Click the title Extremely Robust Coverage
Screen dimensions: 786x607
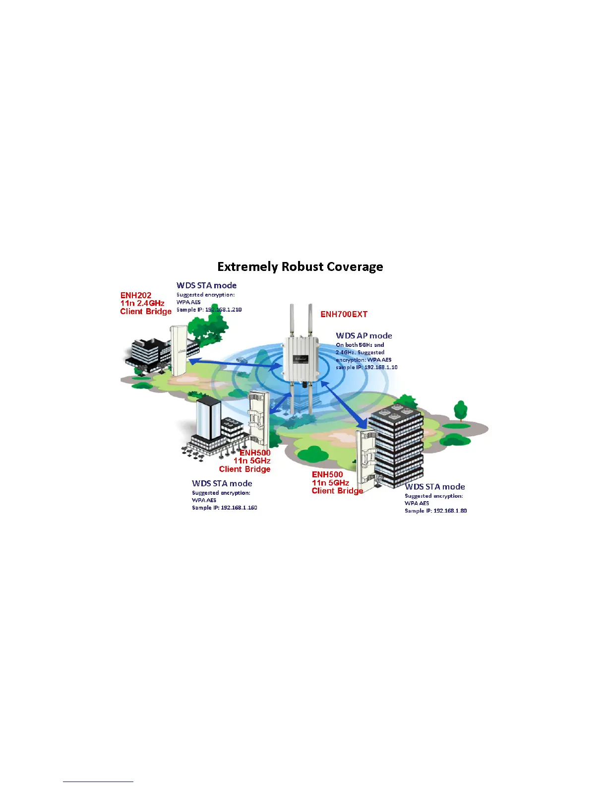coord(300,267)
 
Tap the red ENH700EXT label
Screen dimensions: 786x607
coord(344,314)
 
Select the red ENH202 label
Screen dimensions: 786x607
coord(136,295)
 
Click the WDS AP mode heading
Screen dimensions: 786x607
coord(364,336)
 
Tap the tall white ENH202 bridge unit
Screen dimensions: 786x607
coord(178,350)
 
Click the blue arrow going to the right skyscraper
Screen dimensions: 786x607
coord(344,404)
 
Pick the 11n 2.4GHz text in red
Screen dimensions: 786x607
coord(142,303)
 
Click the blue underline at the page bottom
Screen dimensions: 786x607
coord(98,782)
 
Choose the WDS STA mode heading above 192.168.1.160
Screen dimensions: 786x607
coord(222,483)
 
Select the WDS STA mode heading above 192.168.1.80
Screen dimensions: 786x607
coord(435,487)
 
